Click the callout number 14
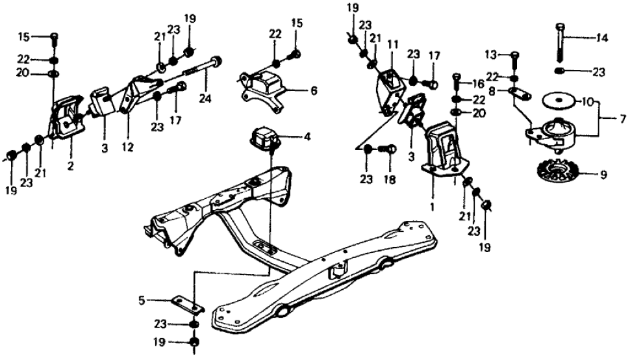[x=603, y=38]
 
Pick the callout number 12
[x=127, y=148]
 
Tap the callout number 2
[x=70, y=166]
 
